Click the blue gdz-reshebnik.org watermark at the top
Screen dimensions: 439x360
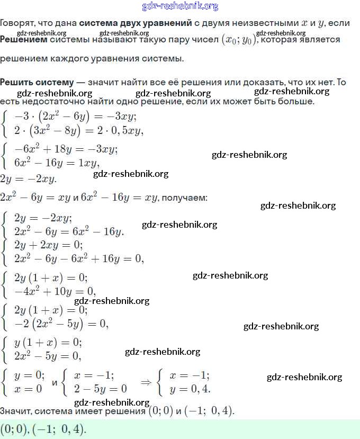(180, 6)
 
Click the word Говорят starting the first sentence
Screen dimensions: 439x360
(17, 23)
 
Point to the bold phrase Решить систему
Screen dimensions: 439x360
(37, 82)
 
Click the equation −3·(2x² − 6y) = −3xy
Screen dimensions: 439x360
(76, 117)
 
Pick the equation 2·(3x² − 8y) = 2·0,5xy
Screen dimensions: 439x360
(79, 130)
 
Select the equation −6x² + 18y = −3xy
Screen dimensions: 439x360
(66, 150)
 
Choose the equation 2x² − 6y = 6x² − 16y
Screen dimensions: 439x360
(69, 231)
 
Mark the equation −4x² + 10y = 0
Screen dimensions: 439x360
(55, 291)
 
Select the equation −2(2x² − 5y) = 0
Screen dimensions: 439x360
(61, 323)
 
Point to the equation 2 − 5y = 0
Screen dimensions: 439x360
(101, 389)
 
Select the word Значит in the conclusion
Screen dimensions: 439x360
(16, 411)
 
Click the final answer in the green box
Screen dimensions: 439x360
(43, 428)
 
